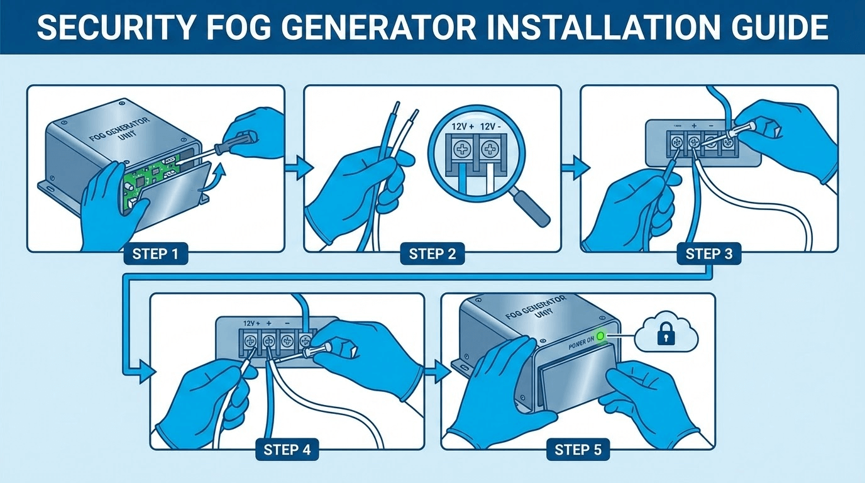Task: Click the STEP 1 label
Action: point(155,254)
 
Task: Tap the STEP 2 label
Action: point(432,254)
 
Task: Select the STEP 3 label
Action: point(708,254)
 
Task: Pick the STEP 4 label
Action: point(287,450)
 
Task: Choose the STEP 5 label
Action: point(578,450)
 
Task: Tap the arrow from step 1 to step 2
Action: point(299,168)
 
